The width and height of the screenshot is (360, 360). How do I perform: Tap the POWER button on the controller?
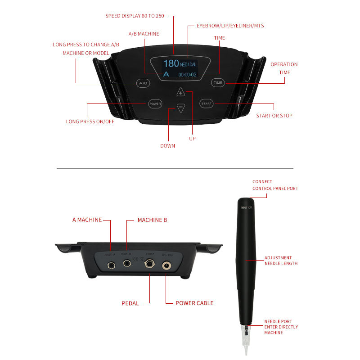pos(154,104)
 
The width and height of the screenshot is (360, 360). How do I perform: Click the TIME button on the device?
pos(218,83)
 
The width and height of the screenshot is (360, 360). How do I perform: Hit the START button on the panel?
pos(206,104)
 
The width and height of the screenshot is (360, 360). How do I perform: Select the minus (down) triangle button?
pos(180,108)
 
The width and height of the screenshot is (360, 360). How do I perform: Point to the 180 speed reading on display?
pos(171,63)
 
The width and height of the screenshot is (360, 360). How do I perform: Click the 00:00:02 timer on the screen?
pos(187,74)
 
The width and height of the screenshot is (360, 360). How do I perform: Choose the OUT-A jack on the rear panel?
pos(111,265)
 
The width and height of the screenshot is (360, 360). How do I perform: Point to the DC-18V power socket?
pos(166,265)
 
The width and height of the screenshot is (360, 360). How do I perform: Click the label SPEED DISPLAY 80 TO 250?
pos(135,16)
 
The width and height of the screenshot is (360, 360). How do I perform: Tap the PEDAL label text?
pos(130,303)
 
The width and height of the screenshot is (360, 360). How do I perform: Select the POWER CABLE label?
pos(194,303)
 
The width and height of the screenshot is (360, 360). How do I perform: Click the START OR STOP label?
pos(274,116)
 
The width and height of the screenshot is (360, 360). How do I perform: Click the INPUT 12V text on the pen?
pos(248,207)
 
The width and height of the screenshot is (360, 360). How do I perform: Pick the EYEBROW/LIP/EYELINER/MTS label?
pos(230,26)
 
